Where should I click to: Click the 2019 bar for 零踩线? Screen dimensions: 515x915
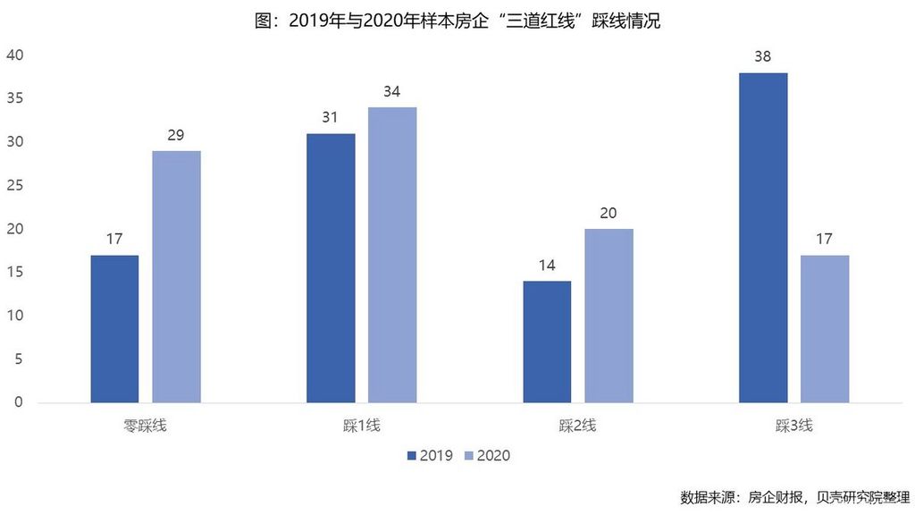[x=114, y=329]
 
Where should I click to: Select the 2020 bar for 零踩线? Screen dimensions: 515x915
[x=176, y=277]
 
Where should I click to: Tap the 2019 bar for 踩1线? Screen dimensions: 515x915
[x=331, y=268]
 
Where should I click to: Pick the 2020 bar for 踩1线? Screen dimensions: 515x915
[x=392, y=255]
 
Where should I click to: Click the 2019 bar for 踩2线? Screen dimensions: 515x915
[x=547, y=342]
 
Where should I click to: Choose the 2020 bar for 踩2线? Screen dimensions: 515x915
[x=609, y=316]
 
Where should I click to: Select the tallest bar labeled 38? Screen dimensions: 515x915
[x=763, y=238]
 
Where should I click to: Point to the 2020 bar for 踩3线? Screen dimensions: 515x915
[x=825, y=329]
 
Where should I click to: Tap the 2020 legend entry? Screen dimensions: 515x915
[x=487, y=455]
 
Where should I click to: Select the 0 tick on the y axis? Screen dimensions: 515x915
[x=18, y=402]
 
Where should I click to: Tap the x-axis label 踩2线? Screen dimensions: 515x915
[x=577, y=426]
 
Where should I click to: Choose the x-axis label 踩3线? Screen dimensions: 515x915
[x=793, y=426]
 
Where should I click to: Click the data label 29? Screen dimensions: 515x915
[x=176, y=135]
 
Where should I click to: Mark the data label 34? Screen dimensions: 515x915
[x=392, y=91]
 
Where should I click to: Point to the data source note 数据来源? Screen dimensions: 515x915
[x=793, y=497]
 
